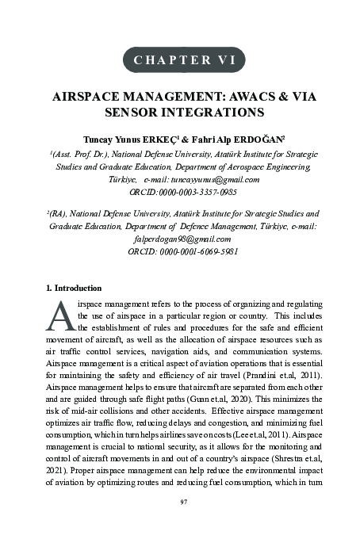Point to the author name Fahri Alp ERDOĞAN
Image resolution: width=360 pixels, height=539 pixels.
pyautogui.click(x=235, y=139)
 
